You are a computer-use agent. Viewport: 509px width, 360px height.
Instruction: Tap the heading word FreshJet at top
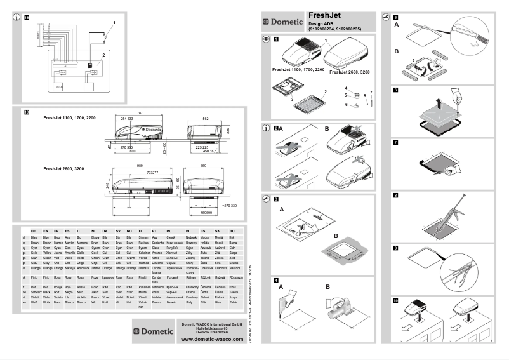[325, 15]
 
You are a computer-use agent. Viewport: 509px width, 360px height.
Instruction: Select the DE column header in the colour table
[32, 231]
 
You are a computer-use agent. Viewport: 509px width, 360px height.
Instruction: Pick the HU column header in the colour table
[232, 231]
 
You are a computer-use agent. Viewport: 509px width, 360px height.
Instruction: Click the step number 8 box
[396, 196]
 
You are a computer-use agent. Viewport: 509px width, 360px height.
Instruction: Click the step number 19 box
[26, 112]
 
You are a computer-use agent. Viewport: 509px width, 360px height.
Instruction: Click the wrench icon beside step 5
[386, 17]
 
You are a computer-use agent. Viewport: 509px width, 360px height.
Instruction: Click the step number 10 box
[396, 300]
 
